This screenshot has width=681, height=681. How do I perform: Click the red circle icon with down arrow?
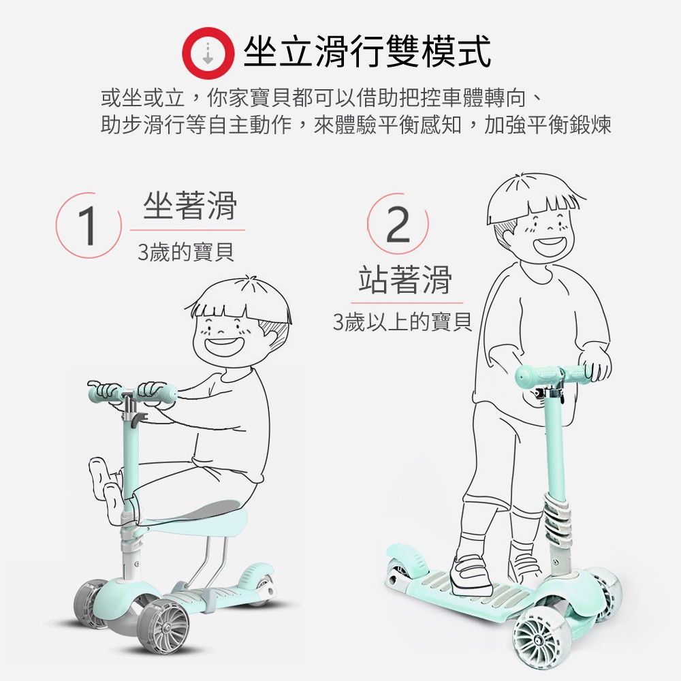(208, 53)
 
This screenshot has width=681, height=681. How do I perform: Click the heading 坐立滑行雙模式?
(368, 52)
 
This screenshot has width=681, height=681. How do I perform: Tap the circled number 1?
(89, 225)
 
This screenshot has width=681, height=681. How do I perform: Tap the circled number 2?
(398, 224)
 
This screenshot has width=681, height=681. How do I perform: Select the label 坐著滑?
(190, 206)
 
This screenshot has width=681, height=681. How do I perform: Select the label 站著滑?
(405, 280)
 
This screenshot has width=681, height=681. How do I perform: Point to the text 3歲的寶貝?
(186, 252)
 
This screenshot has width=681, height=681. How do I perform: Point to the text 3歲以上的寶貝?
(402, 322)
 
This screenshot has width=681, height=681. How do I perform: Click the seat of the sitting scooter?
(195, 518)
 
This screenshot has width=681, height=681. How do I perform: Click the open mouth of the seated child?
(223, 346)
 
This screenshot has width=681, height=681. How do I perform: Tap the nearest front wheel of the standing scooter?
(537, 639)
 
